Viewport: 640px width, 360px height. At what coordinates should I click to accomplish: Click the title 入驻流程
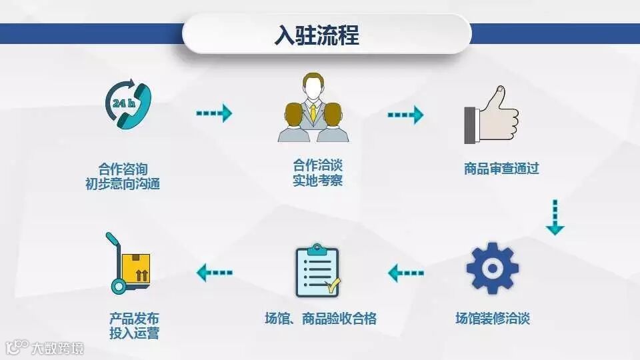pyautogui.click(x=317, y=35)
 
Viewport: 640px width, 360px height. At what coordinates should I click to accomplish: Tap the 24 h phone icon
pyautogui.click(x=128, y=105)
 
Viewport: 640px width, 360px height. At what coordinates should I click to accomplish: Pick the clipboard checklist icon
pyautogui.click(x=317, y=271)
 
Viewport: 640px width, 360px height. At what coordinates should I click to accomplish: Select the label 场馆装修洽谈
pyautogui.click(x=492, y=318)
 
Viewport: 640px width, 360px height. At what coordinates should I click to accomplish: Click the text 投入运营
pyautogui.click(x=135, y=333)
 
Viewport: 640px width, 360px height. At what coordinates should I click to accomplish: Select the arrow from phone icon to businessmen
pyautogui.click(x=213, y=113)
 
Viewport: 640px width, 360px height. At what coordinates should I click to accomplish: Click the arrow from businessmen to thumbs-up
pyautogui.click(x=405, y=115)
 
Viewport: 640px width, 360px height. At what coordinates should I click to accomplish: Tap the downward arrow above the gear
pyautogui.click(x=555, y=217)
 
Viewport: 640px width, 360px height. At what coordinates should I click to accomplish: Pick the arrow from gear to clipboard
pyautogui.click(x=406, y=272)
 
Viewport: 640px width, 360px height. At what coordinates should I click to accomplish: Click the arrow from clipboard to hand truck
pyautogui.click(x=214, y=272)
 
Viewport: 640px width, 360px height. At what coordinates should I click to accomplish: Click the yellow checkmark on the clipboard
pyautogui.click(x=332, y=287)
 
